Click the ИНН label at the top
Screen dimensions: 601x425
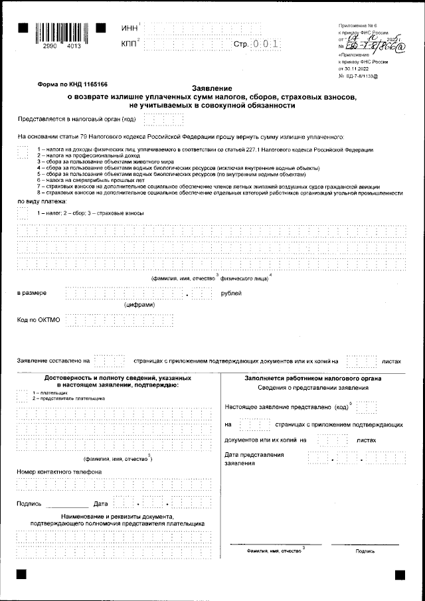click(x=130, y=28)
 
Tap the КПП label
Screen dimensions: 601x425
click(x=130, y=44)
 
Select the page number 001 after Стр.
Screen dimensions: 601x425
click(x=265, y=44)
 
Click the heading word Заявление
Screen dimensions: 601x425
click(x=212, y=89)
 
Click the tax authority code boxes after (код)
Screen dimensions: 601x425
click(x=163, y=119)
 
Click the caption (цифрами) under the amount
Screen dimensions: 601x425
click(x=140, y=305)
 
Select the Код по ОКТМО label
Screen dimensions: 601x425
click(x=39, y=320)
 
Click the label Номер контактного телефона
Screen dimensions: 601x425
click(x=58, y=472)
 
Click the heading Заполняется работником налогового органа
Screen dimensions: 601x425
click(x=307, y=379)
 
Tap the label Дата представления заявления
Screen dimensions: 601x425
click(x=255, y=459)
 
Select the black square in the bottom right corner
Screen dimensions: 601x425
click(x=400, y=573)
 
